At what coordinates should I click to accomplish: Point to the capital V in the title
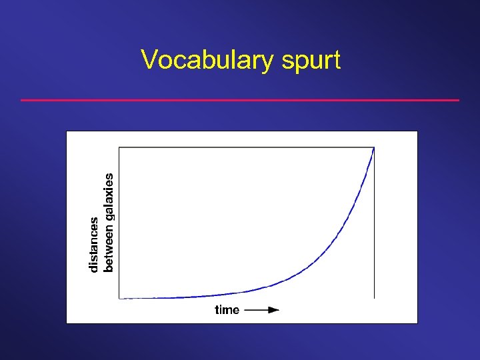coord(149,60)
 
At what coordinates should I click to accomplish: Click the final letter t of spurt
coord(336,61)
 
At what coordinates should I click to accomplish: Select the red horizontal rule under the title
coord(240,100)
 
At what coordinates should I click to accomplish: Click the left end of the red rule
coord(23,100)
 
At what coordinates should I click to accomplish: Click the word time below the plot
coord(227,309)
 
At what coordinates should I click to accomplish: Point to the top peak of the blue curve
coord(373,149)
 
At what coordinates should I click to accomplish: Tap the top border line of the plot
coord(247,147)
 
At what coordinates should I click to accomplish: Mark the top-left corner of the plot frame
coord(119,147)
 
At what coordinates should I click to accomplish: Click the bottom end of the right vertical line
coord(375,297)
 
